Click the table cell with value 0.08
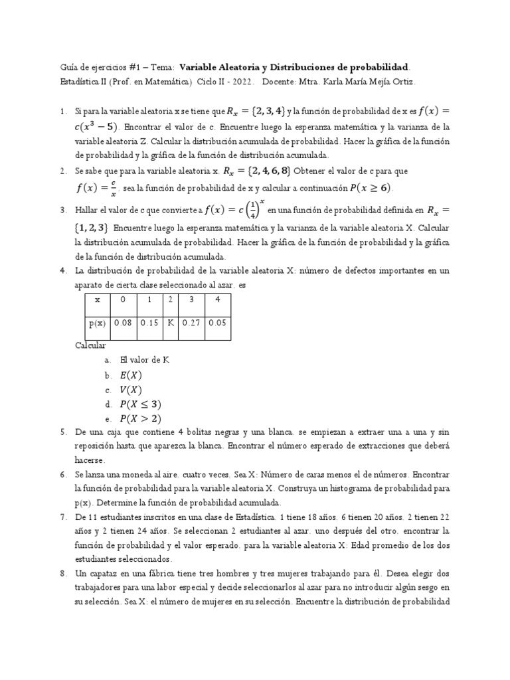point(123,323)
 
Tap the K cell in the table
point(171,323)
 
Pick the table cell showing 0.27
point(192,323)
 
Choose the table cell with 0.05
point(218,323)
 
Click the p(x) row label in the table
point(97,323)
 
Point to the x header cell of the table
point(97,299)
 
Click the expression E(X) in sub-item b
point(131,375)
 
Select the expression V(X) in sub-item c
point(131,389)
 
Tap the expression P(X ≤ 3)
point(140,404)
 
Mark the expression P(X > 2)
point(140,418)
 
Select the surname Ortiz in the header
point(402,82)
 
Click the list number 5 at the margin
point(63,432)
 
